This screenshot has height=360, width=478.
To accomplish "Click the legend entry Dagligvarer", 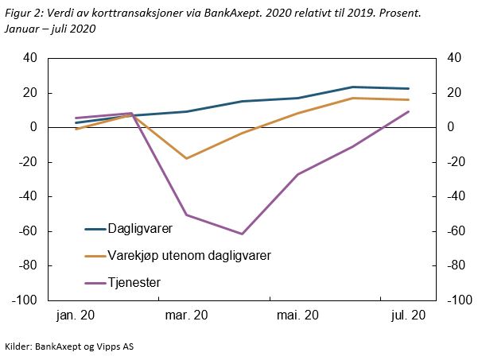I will click(x=140, y=230).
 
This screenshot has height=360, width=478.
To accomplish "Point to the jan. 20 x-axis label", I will click(x=76, y=316).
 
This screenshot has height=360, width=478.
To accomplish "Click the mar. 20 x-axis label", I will click(x=187, y=316).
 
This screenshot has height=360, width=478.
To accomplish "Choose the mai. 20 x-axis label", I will click(x=297, y=316).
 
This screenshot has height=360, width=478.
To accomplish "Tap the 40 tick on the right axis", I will click(x=454, y=58).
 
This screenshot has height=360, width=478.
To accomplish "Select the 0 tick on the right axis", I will click(x=450, y=127).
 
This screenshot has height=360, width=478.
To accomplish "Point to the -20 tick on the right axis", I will click(x=456, y=162).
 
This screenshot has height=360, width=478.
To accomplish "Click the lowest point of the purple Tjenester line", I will click(x=242, y=234).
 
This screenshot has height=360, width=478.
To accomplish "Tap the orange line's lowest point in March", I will click(x=187, y=158).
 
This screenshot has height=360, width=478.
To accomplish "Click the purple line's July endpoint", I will click(x=409, y=111).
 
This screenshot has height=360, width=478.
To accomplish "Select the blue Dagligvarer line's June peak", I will click(x=353, y=87).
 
